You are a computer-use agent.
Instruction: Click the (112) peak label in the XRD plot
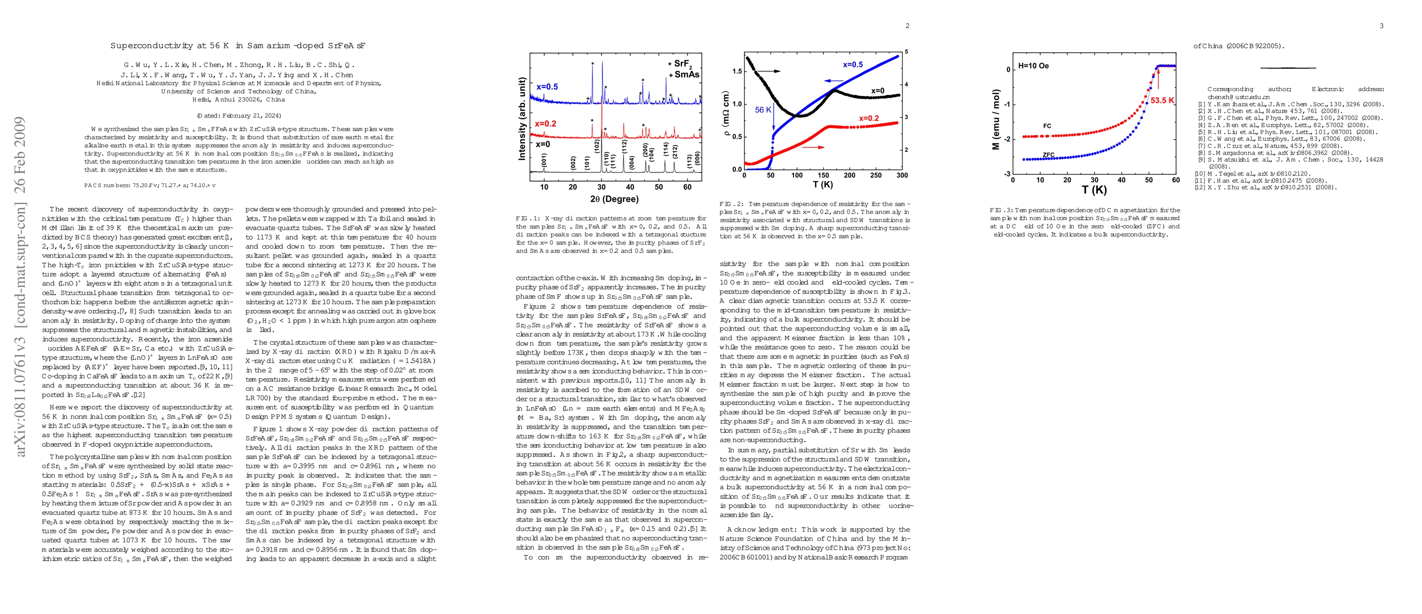pos(624,147)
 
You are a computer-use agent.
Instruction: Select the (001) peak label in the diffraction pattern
pos(544,161)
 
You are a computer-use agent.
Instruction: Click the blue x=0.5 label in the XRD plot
pos(547,86)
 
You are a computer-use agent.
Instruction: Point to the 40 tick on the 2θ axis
pos(630,187)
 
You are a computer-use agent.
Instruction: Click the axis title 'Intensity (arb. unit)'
pos(522,119)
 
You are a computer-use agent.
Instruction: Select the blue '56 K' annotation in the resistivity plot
pos(763,110)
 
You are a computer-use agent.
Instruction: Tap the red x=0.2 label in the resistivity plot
pos(869,118)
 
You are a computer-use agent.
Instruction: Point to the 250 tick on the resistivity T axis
pos(876,176)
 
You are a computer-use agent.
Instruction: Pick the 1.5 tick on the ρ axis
pos(737,71)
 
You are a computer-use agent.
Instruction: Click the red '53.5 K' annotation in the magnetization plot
pos(1162,100)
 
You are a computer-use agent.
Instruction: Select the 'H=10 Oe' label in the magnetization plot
pos(1033,65)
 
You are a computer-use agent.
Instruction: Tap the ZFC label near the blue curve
pos(1049,155)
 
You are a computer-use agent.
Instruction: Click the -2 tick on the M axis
pos(1007,139)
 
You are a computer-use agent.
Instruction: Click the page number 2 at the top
pos(907,26)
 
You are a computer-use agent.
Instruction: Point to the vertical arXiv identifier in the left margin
pos(20,287)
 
